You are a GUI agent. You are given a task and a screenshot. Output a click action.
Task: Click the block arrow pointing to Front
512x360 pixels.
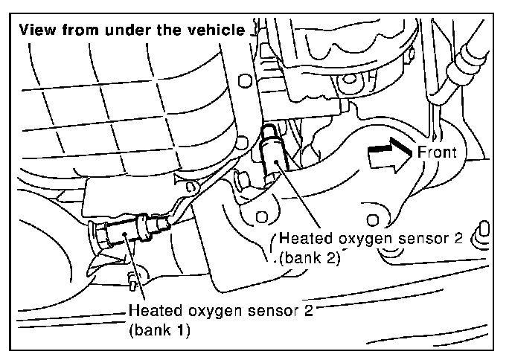(x=389, y=155)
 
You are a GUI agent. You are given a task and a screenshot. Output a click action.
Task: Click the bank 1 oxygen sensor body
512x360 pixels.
(x=130, y=231)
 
